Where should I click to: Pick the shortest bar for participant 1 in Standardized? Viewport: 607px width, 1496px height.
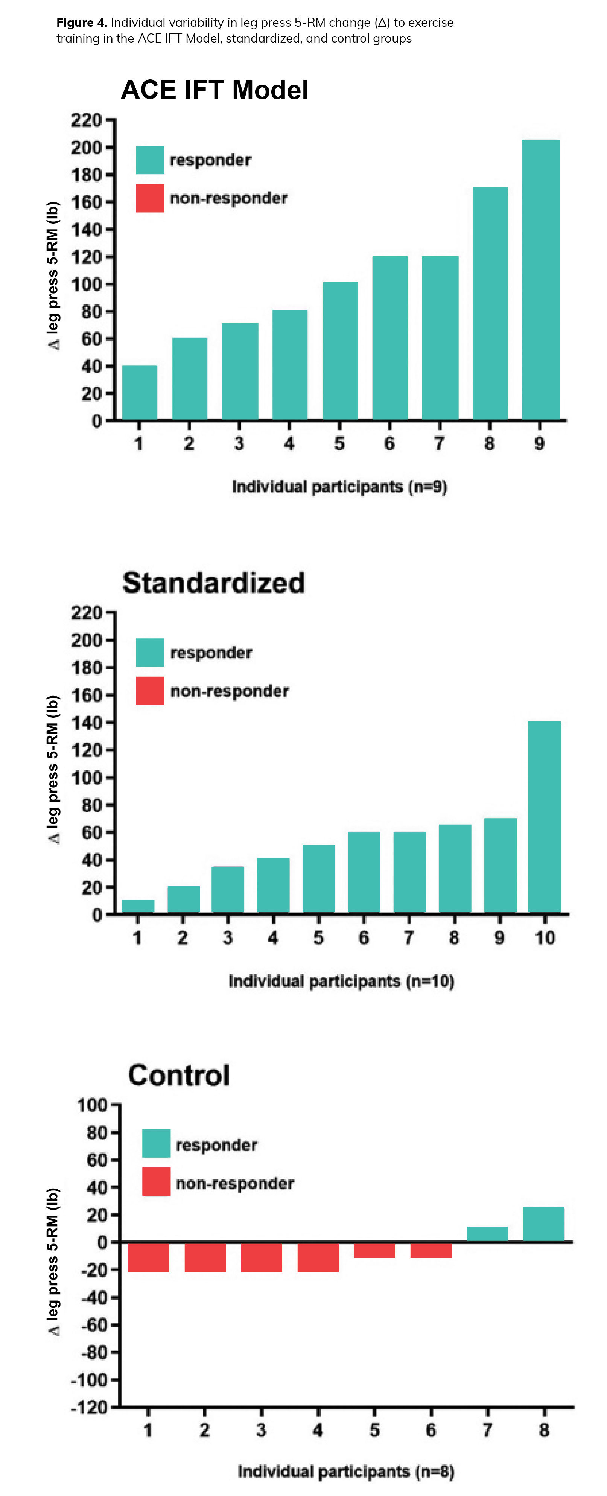pos(138,906)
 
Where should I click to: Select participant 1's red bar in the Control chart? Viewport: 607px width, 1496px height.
pos(148,1257)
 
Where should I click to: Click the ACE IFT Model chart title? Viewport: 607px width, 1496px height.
pos(215,90)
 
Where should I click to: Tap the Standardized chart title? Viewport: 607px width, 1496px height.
pos(214,583)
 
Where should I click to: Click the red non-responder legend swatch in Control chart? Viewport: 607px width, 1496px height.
pos(156,1181)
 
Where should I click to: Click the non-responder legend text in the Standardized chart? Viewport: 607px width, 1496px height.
pos(230,691)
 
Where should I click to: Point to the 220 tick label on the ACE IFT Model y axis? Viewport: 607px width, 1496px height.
pos(86,120)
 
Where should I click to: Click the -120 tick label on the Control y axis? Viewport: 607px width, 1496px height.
pos(90,1408)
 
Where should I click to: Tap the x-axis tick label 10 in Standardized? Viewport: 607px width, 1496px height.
pos(544,937)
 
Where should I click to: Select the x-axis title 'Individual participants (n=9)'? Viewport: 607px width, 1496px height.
pos(339,487)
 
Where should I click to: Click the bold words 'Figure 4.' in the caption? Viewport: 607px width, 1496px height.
pos(81,23)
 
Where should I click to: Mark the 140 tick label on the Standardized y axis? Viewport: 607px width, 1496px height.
pos(86,723)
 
